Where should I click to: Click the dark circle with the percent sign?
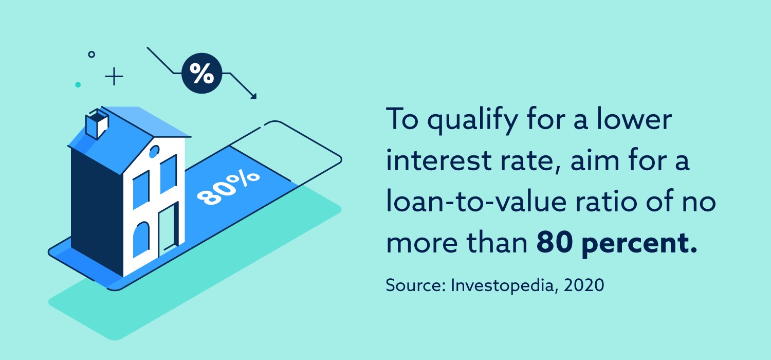201,73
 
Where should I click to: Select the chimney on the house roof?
97,123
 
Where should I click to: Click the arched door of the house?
141,239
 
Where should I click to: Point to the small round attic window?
154,151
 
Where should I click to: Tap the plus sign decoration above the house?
114,77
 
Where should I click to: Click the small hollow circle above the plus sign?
91,55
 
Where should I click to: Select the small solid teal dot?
78,84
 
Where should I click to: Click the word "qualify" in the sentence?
472,120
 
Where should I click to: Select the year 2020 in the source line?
584,285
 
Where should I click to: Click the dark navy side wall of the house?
97,210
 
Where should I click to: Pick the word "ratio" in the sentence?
606,201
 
